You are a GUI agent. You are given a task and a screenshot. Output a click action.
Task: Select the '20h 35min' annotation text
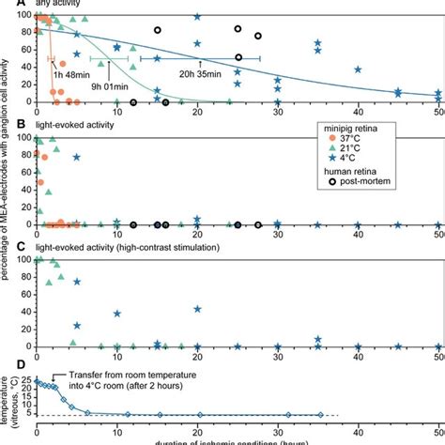200,74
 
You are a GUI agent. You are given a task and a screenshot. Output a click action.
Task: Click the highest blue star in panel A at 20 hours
197,17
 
